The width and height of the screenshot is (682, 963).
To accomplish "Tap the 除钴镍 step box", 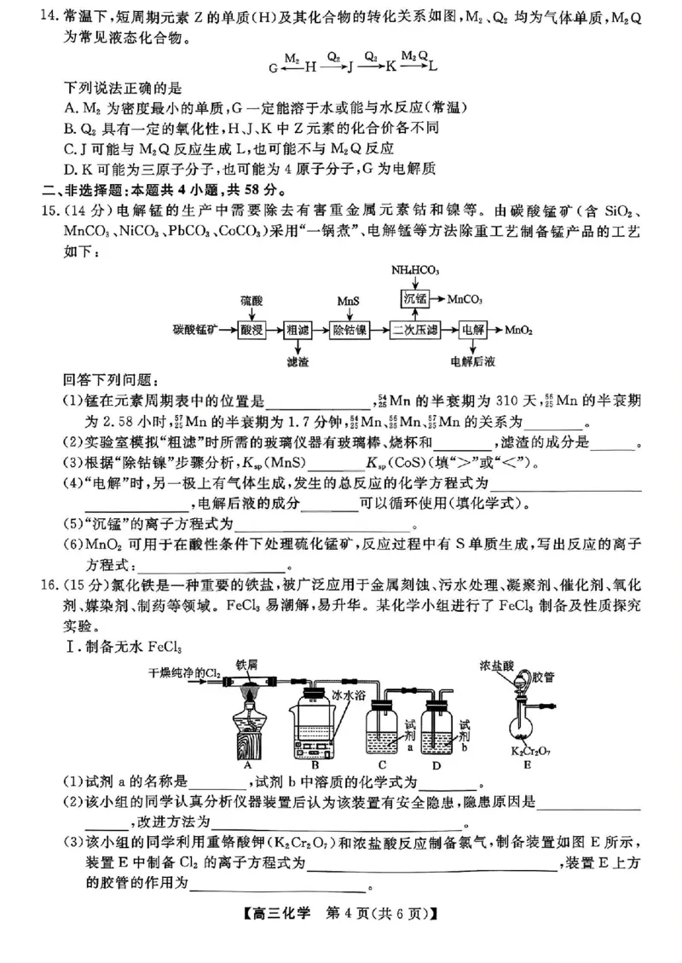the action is tap(350, 329).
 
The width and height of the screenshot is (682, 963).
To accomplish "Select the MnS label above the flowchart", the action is tap(349, 302).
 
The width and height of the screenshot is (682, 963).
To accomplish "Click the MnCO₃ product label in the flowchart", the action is tap(465, 299).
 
